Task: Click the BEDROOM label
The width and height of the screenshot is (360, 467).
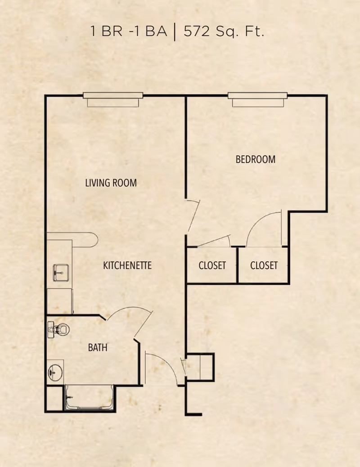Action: (x=256, y=159)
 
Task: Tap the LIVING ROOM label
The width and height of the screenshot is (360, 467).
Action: (x=111, y=183)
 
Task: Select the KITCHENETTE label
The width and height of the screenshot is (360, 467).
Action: (x=127, y=265)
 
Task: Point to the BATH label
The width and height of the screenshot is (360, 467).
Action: (x=98, y=347)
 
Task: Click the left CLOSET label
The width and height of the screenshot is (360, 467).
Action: (x=212, y=265)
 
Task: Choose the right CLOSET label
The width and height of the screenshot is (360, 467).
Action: (x=264, y=265)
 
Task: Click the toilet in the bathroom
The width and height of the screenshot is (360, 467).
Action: (x=58, y=329)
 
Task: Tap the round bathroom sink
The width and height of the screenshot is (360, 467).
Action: (x=55, y=372)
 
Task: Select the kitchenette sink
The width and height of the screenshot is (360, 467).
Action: (x=61, y=273)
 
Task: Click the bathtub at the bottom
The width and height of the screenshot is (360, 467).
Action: (x=90, y=398)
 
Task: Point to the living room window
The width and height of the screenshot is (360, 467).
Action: (x=113, y=99)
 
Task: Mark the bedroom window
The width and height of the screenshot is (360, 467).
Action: (x=257, y=99)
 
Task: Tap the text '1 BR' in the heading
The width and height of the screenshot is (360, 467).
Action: (x=106, y=31)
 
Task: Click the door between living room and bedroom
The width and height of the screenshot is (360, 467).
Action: (x=193, y=216)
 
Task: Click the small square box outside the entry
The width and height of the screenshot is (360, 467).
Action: (x=200, y=367)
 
